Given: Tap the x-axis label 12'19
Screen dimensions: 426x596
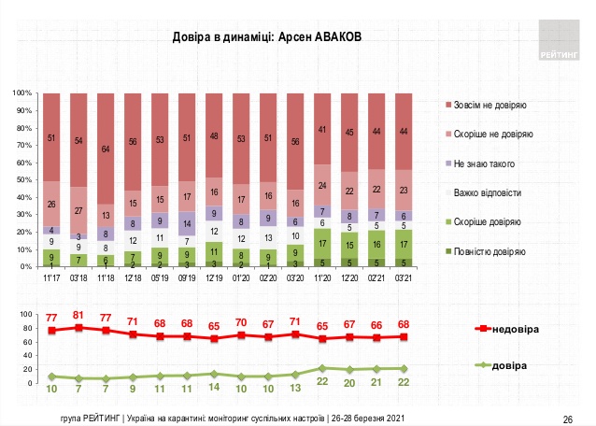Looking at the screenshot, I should (215, 277).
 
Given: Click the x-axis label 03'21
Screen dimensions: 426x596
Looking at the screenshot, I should (404, 277).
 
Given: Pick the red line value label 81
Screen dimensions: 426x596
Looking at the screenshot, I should (79, 315).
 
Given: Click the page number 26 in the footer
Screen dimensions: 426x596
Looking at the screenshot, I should (566, 417).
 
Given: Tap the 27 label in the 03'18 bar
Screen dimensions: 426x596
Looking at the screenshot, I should (79, 209).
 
